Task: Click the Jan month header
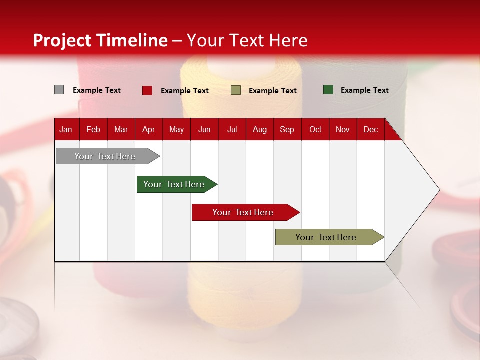(66, 129)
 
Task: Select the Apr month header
(148, 129)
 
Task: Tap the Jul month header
(232, 129)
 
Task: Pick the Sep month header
(287, 129)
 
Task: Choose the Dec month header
(370, 129)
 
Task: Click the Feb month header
(93, 129)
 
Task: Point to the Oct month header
(315, 129)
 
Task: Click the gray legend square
(59, 90)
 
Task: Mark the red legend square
(147, 90)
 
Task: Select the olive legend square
(236, 90)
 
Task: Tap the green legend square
(328, 90)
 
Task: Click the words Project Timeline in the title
(100, 40)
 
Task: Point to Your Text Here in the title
(247, 40)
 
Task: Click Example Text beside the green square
(364, 90)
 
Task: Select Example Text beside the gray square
(97, 90)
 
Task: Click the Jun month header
(204, 129)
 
